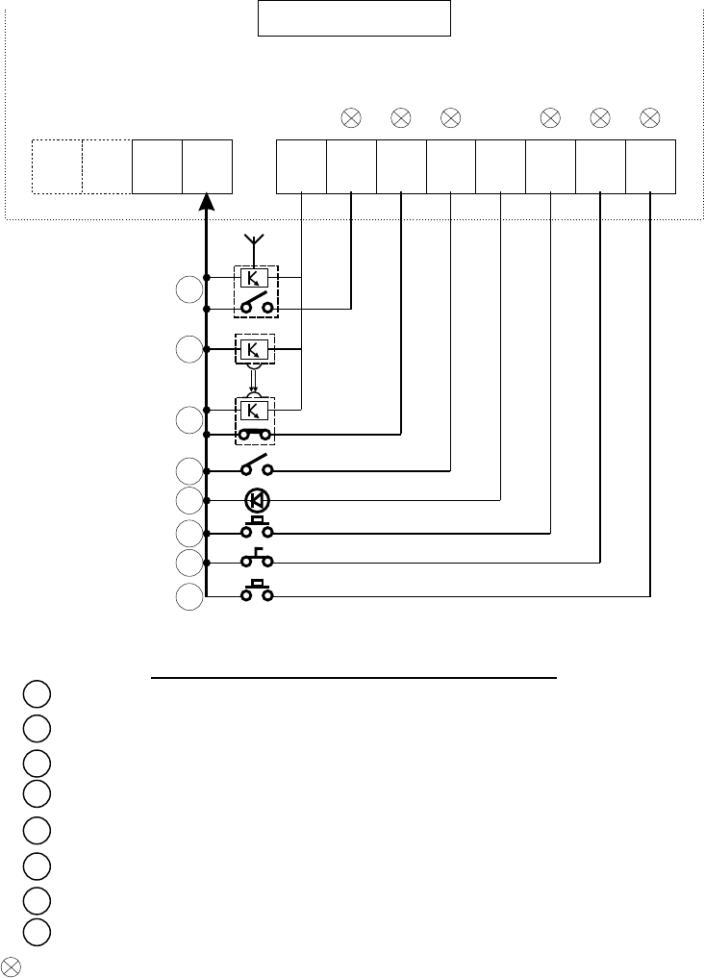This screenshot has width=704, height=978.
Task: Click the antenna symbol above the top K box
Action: (255, 239)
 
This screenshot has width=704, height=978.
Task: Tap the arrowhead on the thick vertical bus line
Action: (207, 204)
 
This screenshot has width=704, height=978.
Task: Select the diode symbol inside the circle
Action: (257, 500)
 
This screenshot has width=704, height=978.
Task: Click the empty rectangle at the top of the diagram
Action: (354, 18)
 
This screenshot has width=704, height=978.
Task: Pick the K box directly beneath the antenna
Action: (255, 277)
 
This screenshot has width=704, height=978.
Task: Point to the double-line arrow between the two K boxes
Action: (255, 380)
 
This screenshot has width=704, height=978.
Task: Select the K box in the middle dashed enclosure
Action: (255, 348)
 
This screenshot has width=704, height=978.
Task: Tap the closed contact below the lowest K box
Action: (257, 435)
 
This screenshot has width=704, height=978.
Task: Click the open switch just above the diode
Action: (257, 469)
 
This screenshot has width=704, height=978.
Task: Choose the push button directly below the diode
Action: (257, 529)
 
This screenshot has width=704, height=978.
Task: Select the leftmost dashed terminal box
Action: (57, 165)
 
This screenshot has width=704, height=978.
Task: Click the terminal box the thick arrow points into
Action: (207, 165)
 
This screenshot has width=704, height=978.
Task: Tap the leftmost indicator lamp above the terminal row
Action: (351, 118)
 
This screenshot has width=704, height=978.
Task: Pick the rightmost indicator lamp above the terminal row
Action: (650, 118)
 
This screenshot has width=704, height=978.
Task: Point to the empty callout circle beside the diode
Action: (190, 500)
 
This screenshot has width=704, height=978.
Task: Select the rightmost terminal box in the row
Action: (650, 165)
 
